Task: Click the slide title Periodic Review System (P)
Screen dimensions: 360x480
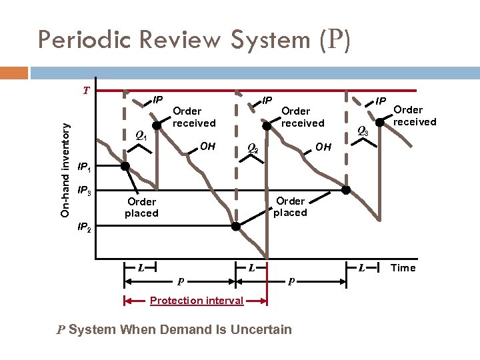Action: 193,39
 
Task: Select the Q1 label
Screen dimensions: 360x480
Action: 141,135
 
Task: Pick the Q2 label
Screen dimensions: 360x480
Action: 253,148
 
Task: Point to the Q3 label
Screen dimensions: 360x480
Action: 363,131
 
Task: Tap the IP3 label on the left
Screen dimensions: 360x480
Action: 87,192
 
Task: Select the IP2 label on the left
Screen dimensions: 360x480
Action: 87,227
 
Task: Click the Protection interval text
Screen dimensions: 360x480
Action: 196,301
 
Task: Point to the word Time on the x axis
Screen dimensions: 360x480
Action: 403,268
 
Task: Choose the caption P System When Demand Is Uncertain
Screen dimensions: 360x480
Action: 173,329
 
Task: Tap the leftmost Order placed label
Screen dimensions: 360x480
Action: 141,207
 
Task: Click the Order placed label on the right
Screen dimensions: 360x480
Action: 291,207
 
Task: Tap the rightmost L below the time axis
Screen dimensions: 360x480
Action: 361,268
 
